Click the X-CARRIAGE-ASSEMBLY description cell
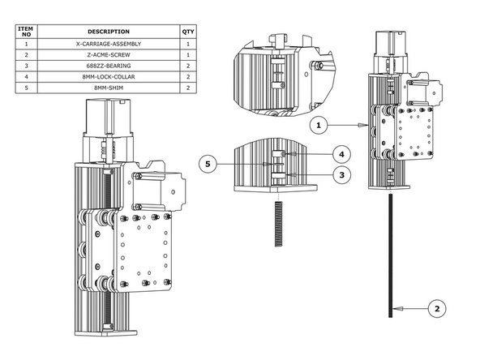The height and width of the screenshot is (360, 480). coord(108,43)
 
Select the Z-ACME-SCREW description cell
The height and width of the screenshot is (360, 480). coord(108,54)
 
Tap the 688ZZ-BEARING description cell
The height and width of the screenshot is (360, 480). coord(108,64)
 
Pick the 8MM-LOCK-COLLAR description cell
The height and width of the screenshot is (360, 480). coord(108,75)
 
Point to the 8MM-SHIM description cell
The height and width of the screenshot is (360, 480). coord(108,85)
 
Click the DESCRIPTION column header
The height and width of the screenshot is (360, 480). coord(108,31)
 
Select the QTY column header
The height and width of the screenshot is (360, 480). coord(188,31)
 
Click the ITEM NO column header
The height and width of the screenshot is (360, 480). coord(27,31)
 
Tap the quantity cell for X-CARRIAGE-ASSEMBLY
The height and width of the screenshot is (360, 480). coord(188,43)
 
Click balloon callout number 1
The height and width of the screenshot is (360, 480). coord(319,125)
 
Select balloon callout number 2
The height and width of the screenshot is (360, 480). coord(436,309)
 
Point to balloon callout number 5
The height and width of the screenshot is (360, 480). coord(208,164)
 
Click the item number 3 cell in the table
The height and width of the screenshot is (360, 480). coord(27,64)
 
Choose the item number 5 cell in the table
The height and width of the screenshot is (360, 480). coord(27,85)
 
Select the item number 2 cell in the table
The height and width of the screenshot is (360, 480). coord(27,54)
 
